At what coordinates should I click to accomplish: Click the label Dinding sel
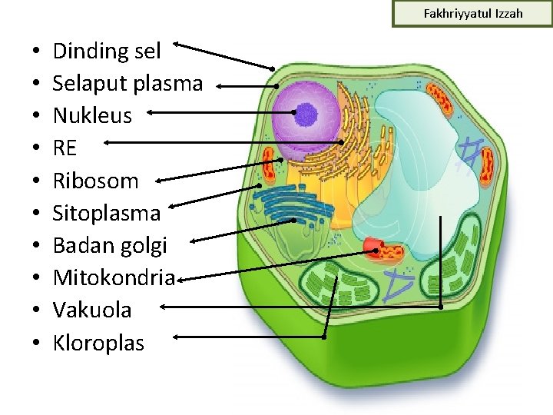pos(107,52)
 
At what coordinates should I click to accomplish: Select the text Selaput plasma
pos(127,84)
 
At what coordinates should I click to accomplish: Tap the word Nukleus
pos(92,117)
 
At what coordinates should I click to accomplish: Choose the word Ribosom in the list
pos(96,181)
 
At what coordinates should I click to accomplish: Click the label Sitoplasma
pos(107,213)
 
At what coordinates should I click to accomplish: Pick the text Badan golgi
pos(109,246)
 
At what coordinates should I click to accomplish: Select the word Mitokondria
pos(114,277)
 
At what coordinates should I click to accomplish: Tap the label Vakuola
pos(92,310)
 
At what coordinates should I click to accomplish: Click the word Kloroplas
pos(98,343)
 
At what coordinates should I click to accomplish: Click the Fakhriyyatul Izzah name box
pos(472,14)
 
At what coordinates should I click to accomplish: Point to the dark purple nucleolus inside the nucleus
pos(306,115)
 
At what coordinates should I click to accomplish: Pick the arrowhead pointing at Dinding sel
pos(177,44)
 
